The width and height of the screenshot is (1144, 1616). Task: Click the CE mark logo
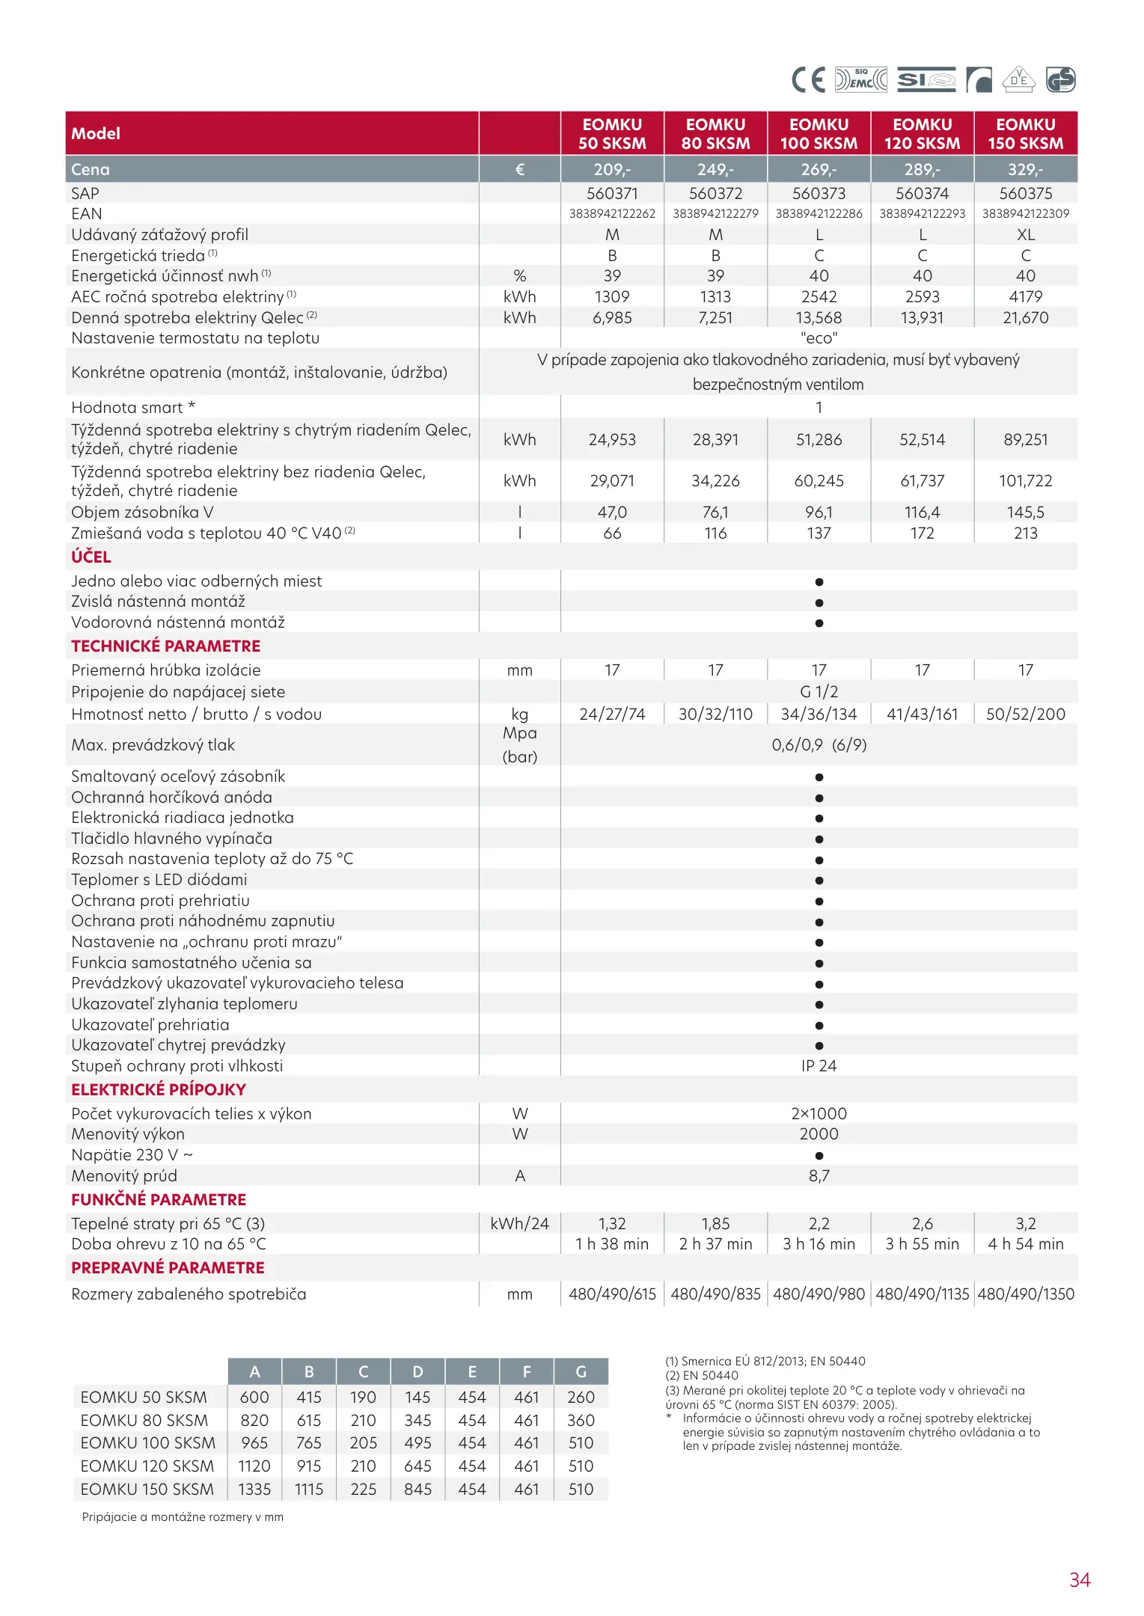(808, 79)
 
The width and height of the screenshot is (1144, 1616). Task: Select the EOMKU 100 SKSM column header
(819, 134)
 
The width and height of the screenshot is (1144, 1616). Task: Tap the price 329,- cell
(1025, 170)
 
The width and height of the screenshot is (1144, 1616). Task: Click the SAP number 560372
(715, 194)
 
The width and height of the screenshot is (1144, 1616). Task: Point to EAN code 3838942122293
(922, 214)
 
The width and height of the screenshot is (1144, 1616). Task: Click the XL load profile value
(1025, 235)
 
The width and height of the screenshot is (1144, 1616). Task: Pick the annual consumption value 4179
(1025, 297)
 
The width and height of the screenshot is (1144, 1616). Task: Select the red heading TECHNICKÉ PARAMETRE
(166, 646)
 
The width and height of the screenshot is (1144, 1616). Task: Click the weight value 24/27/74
(612, 714)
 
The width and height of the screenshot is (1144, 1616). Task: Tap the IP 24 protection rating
(819, 1066)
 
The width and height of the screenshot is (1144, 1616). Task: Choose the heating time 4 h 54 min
(1025, 1244)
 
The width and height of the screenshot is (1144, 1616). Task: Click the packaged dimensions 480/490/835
(715, 1294)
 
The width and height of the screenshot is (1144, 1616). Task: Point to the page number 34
(1080, 1580)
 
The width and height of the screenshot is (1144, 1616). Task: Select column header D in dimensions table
(417, 1372)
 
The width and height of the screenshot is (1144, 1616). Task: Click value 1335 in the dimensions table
(254, 1490)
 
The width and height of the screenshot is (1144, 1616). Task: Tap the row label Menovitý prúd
(124, 1176)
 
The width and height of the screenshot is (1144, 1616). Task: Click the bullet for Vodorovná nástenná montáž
(819, 623)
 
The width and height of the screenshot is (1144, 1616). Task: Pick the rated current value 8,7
(819, 1176)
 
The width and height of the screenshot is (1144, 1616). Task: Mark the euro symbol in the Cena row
(519, 170)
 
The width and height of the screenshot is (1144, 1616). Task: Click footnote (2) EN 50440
(702, 1375)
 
